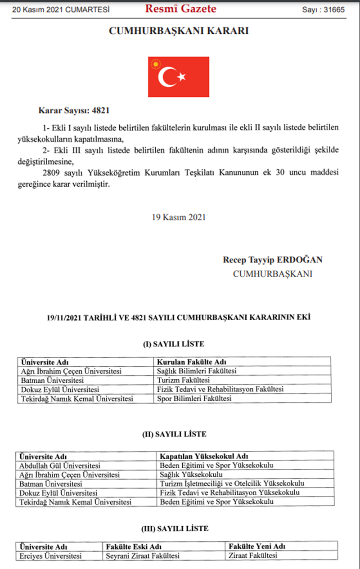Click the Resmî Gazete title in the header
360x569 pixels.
(x=180, y=9)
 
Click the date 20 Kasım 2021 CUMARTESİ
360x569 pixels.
(x=60, y=9)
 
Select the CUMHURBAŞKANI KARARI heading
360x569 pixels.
(x=179, y=31)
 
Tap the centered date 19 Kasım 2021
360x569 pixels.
(x=179, y=217)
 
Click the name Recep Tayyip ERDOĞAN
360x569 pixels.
(x=272, y=260)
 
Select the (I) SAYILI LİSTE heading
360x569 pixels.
(x=173, y=345)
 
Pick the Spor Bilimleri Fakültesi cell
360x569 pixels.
(x=194, y=399)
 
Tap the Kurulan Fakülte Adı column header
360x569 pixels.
(x=191, y=362)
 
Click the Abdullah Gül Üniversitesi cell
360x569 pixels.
(x=59, y=465)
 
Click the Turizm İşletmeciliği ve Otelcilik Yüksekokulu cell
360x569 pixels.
(x=232, y=484)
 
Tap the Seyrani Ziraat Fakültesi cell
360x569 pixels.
(x=143, y=556)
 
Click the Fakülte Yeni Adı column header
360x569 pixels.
(x=257, y=547)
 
